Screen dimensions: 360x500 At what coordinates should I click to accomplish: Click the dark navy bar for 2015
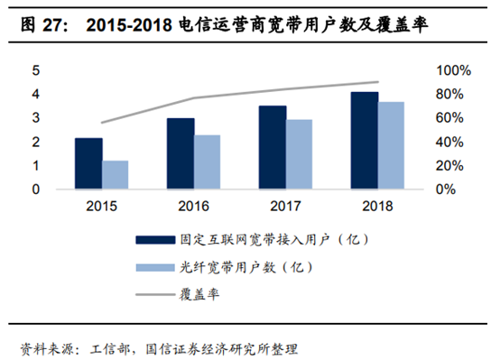88,163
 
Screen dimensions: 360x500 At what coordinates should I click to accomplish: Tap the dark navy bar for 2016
181,153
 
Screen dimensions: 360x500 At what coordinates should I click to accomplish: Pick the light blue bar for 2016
208,162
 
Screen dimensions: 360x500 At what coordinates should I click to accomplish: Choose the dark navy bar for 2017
272,147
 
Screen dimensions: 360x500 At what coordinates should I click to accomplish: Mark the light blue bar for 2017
300,154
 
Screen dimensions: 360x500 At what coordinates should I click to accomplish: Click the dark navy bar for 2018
364,141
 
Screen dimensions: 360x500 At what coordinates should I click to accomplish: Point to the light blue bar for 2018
392,145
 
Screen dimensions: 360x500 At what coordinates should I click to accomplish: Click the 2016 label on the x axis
193,206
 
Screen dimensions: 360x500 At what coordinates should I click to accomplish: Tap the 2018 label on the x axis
377,206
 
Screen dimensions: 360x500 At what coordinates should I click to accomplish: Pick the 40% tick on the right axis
450,143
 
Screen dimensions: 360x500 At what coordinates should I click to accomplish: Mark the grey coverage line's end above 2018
378,82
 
